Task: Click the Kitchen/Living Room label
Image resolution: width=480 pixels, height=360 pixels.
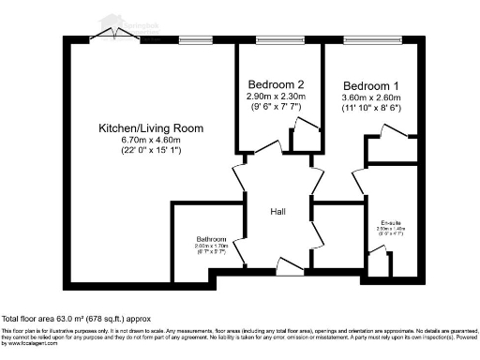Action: point(150,127)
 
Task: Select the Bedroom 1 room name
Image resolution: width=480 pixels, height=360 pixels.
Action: point(371,82)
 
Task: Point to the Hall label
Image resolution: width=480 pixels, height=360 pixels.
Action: point(278,213)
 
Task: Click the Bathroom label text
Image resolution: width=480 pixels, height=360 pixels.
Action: point(211,237)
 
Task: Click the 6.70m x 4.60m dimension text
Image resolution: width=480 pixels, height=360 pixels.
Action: point(150,140)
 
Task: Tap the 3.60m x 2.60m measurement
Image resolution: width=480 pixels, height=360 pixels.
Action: point(371,97)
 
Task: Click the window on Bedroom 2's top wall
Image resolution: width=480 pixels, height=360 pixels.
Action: point(273,40)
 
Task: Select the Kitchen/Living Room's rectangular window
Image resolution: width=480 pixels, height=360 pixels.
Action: point(194,40)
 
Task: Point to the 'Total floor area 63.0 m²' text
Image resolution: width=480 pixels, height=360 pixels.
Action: point(76,319)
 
